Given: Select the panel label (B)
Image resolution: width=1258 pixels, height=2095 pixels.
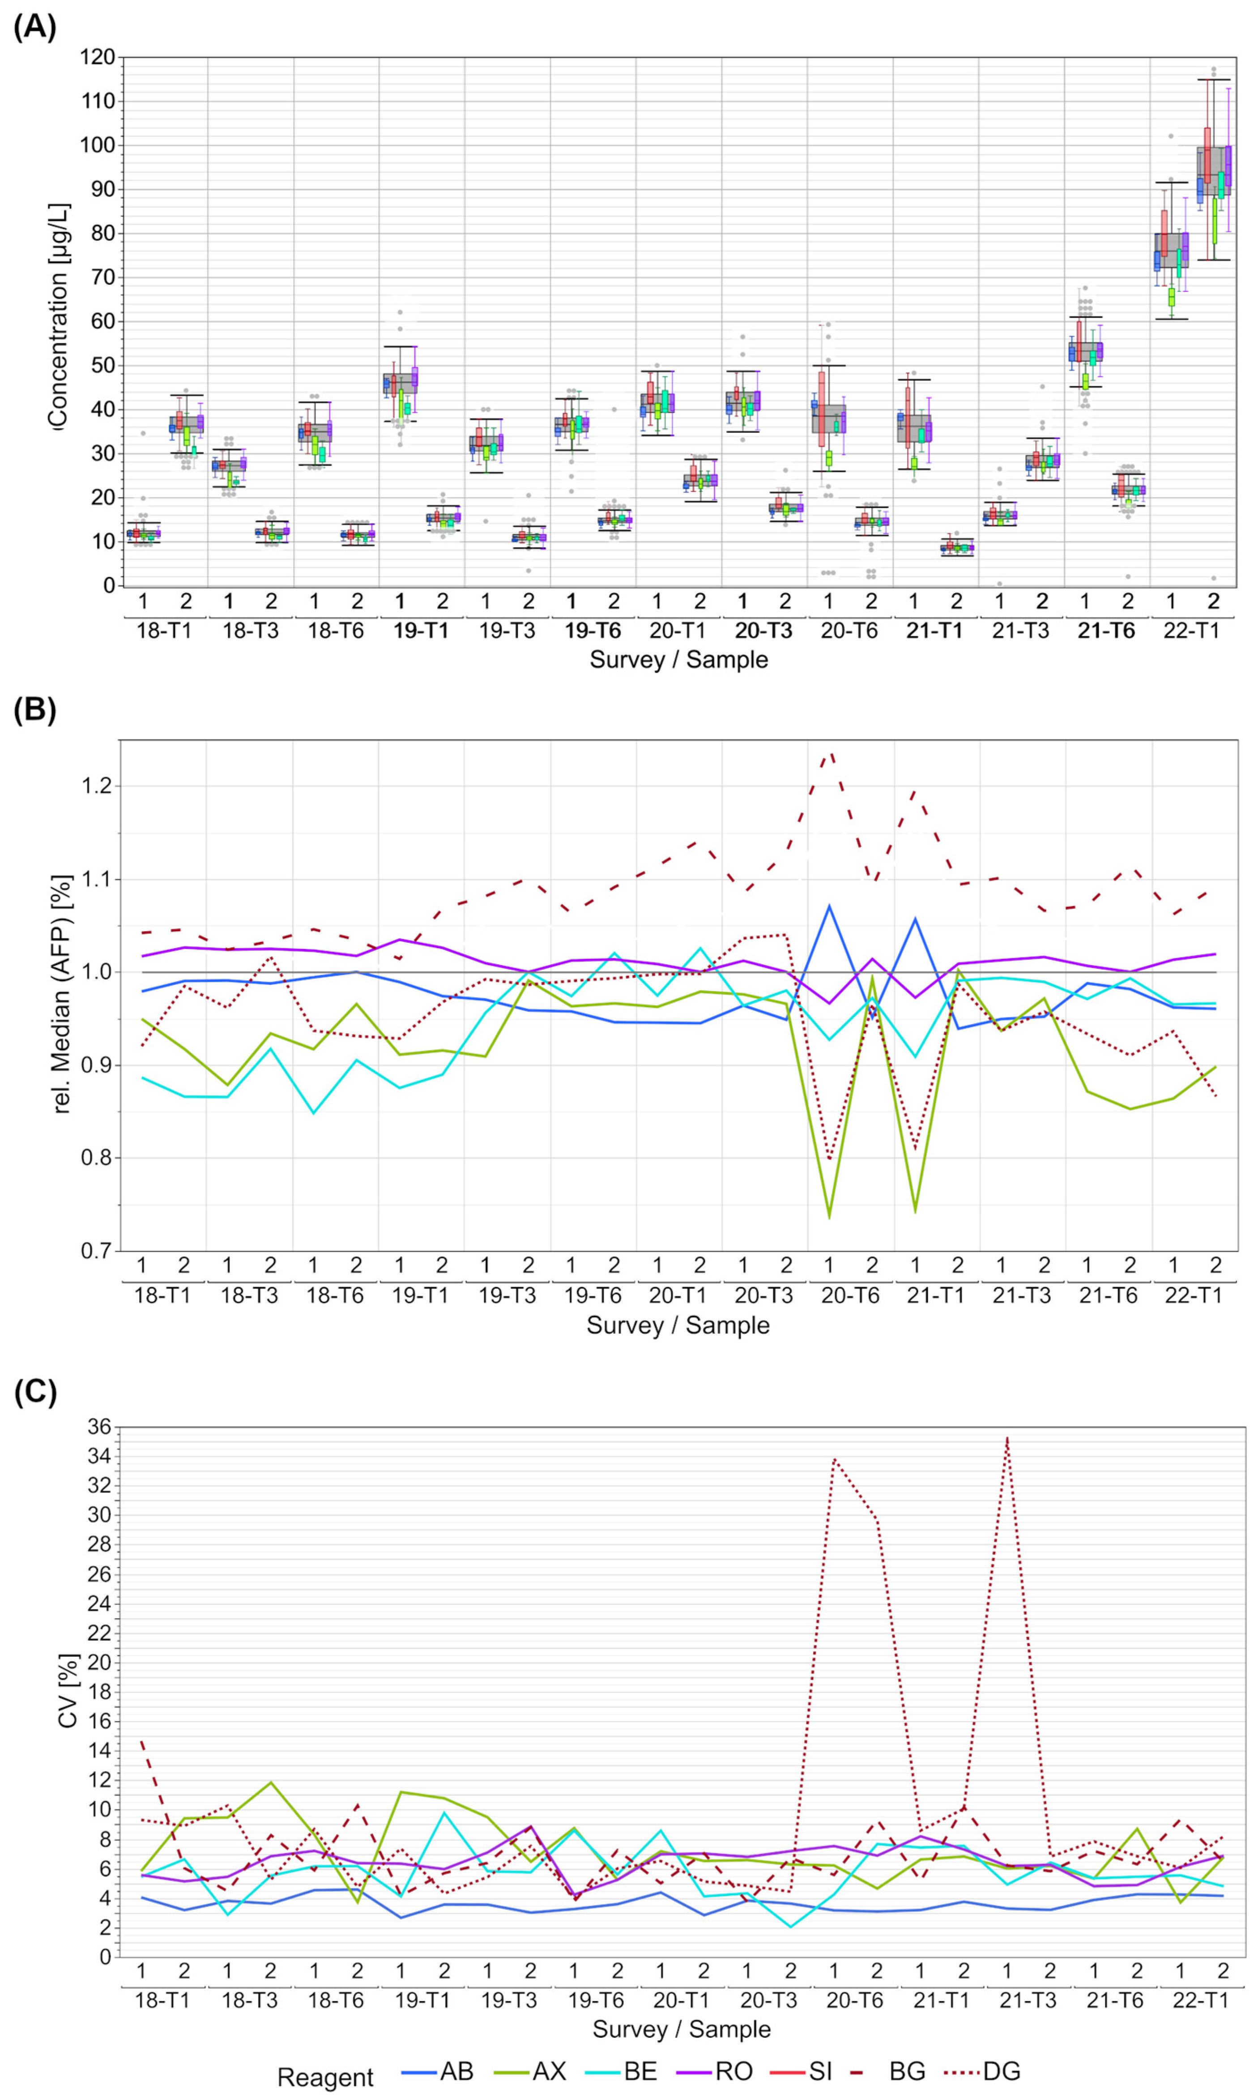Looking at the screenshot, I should (x=35, y=709).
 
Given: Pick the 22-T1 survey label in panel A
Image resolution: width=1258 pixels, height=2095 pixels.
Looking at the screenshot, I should (x=1191, y=631).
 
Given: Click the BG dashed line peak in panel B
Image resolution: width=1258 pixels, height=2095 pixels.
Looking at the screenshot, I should (x=830, y=751).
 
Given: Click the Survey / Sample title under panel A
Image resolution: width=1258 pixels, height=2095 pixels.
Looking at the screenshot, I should (x=678, y=660).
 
